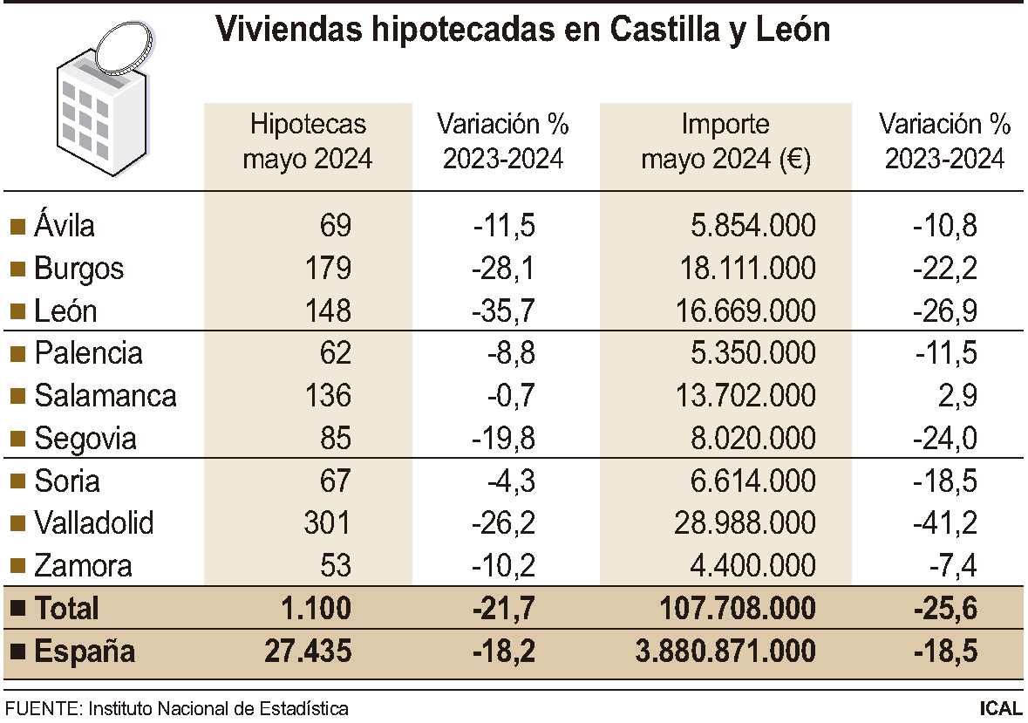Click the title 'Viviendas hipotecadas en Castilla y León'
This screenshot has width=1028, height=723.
pos(522,31)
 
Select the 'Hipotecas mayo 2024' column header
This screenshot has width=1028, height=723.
pos(307,142)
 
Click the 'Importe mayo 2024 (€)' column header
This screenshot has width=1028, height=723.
pos(725,142)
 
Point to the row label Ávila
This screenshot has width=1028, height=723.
pos(65,226)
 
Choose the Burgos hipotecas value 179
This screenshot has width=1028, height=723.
pos(324,269)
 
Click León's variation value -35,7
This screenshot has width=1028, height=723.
pos(504,311)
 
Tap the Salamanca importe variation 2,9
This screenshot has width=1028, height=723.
pos(960,396)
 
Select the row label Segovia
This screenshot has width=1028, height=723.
pos(85,439)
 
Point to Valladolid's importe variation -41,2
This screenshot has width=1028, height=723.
pos(945,523)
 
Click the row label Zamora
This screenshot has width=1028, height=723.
pos(83,566)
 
